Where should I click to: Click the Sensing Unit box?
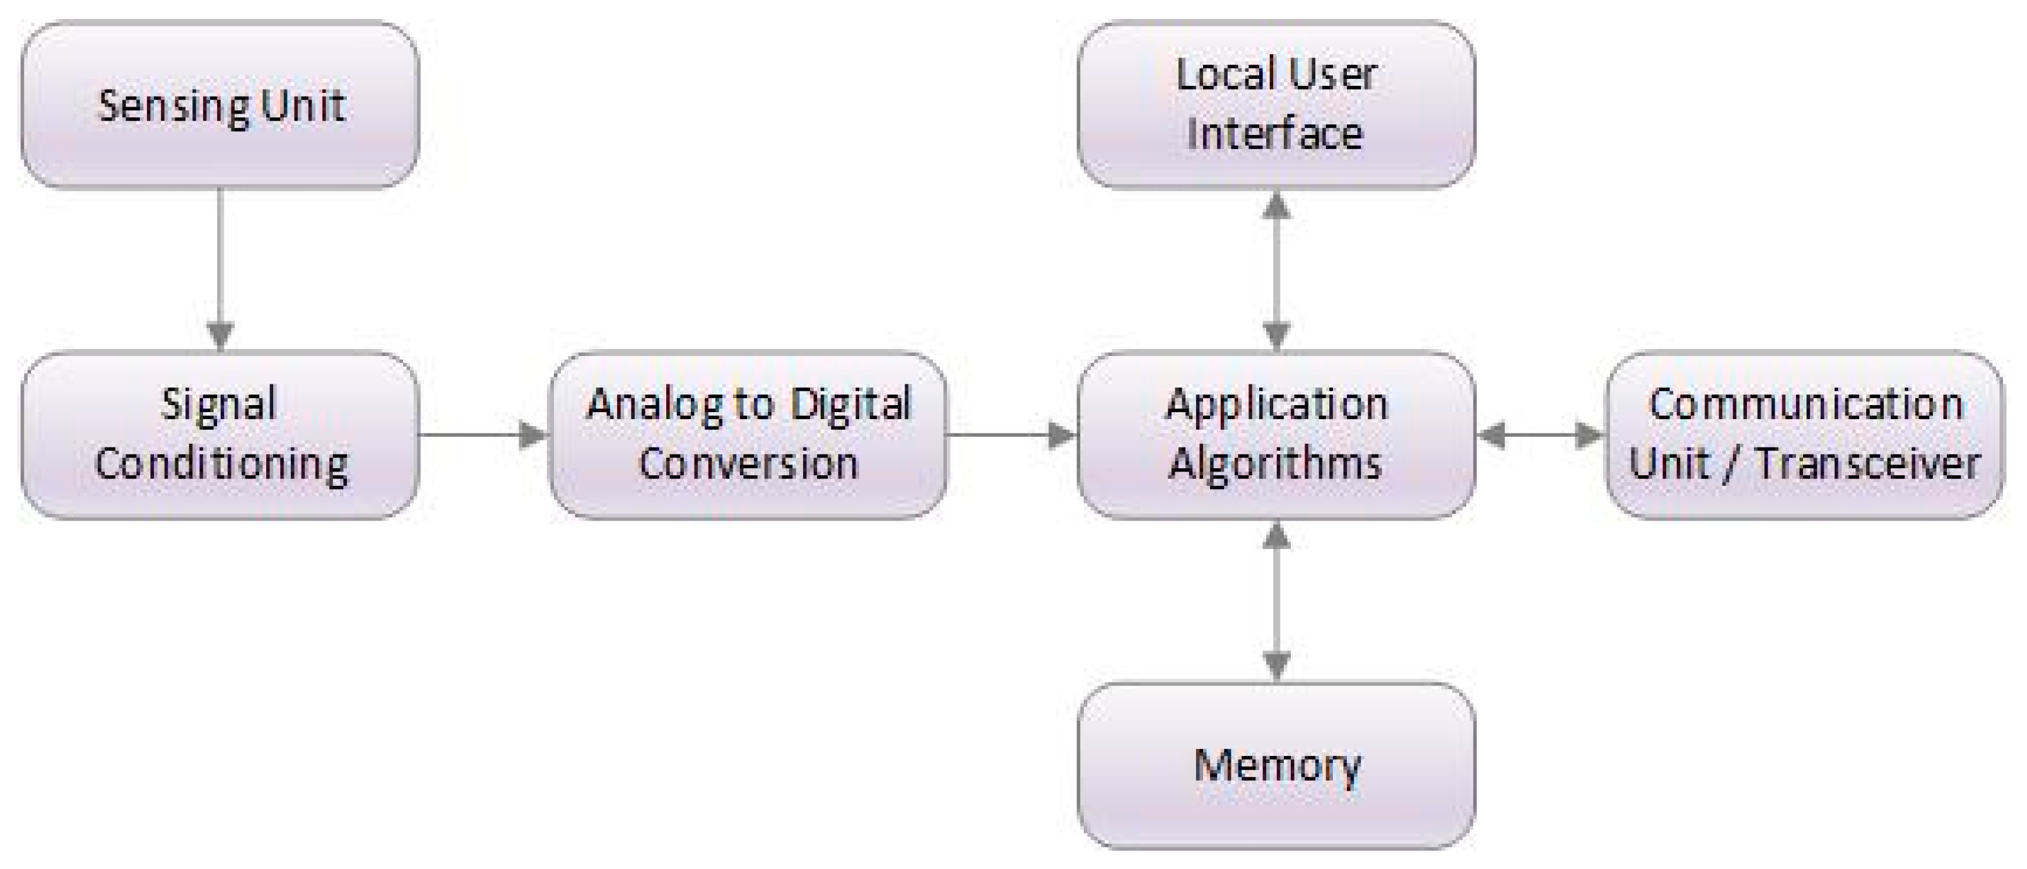click(x=220, y=105)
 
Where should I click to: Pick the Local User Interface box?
click(x=1276, y=105)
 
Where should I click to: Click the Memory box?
click(x=1276, y=765)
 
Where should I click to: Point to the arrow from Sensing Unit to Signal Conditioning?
click(x=220, y=268)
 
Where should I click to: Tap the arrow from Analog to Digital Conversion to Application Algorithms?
click(x=1011, y=434)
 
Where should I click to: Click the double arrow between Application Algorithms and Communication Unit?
click(x=1540, y=434)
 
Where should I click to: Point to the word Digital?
click(x=850, y=405)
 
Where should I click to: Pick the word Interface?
click(x=1275, y=134)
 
